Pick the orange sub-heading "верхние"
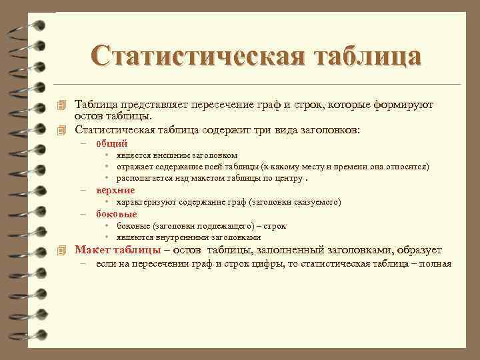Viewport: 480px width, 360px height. [115, 190]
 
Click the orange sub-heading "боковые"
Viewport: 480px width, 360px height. [117, 214]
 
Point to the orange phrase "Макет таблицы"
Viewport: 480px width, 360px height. [117, 250]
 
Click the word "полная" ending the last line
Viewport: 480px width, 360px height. [436, 264]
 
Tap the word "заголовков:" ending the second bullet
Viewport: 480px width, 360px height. [327, 129]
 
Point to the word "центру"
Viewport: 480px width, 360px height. [286, 178]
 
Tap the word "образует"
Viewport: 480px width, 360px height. [419, 250]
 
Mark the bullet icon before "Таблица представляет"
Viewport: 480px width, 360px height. [63, 105]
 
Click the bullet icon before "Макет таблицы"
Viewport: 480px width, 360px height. [63, 251]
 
